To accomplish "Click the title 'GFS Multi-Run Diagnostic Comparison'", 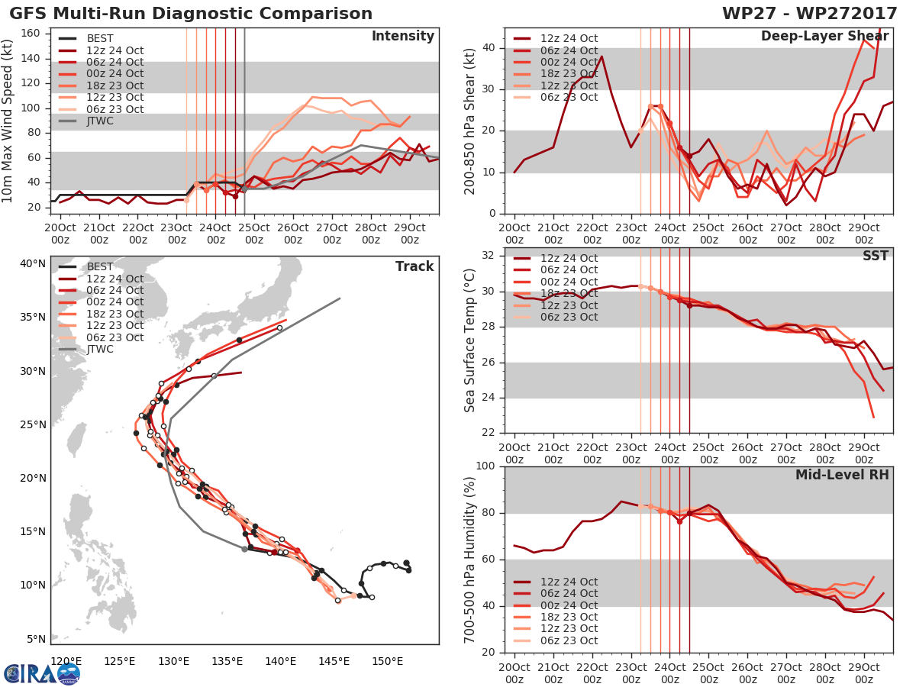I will click(x=191, y=14).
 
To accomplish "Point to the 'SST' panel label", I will click(x=876, y=256).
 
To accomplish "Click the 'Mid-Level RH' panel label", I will click(x=843, y=475).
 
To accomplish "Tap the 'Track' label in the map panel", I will click(x=414, y=266).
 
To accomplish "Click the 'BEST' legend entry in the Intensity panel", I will click(x=100, y=38).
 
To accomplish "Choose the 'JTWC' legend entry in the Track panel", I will click(x=100, y=349).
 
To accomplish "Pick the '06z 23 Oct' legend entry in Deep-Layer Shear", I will click(x=569, y=97).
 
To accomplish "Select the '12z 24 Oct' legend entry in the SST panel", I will click(x=569, y=258).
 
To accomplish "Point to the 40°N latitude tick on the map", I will click(x=32, y=264).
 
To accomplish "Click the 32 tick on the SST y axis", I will click(x=490, y=256).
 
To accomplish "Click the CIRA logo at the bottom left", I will click(x=42, y=672).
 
